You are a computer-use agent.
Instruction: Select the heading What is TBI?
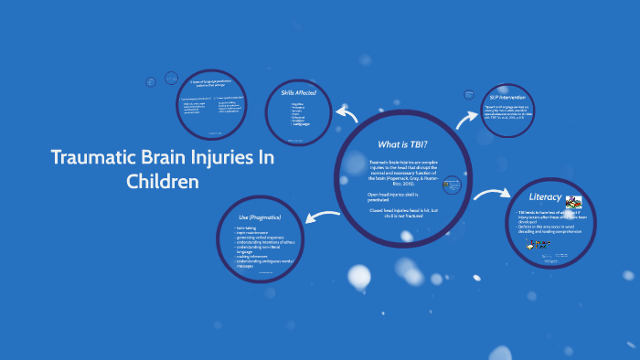click(x=402, y=143)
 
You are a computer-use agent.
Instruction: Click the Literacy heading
click(x=545, y=197)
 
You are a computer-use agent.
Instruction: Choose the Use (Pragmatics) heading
click(x=260, y=217)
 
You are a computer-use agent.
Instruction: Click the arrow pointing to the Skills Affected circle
click(x=347, y=113)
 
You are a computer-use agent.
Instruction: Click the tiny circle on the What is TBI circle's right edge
click(x=450, y=185)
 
